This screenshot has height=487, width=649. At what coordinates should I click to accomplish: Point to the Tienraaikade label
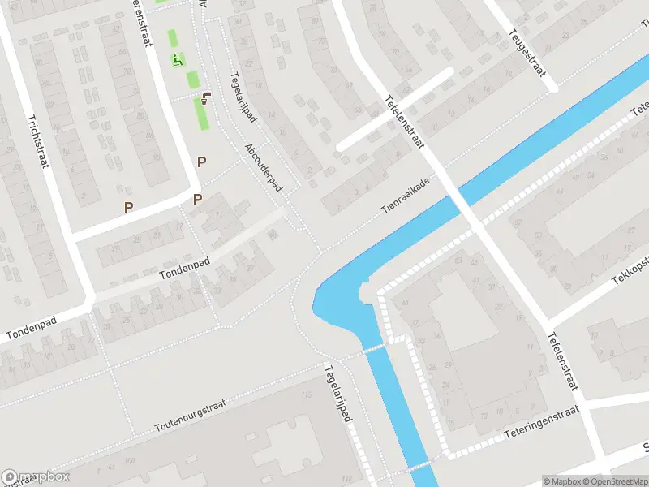[406, 197]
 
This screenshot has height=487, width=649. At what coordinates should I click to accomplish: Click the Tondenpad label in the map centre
[184, 263]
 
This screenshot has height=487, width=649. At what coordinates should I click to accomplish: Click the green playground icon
[178, 59]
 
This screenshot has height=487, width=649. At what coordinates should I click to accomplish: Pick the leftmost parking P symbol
[128, 207]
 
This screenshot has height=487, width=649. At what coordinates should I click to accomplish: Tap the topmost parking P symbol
[201, 162]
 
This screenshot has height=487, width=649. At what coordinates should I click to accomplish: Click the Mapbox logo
[36, 477]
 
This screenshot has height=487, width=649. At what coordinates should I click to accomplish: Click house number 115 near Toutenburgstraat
[306, 395]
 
